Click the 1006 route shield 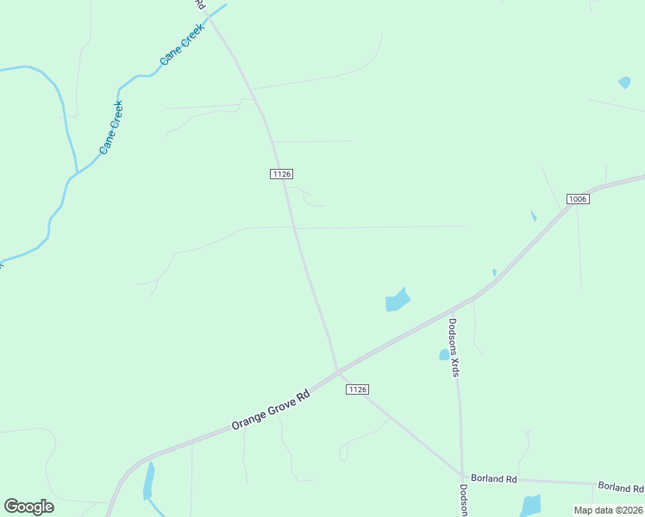pos(578,199)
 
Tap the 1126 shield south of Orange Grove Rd pos(358,389)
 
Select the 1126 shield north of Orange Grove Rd pos(280,174)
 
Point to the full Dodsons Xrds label pos(454,348)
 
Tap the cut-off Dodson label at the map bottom pos(463,500)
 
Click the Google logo pos(28,507)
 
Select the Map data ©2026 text pos(607,510)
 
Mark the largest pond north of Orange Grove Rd pos(397,300)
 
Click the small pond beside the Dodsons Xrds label pos(444,354)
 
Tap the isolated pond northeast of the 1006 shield pos(624,84)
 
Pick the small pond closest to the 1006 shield pos(534,216)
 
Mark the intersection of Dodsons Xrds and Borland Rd pos(462,476)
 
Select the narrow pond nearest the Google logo pos(149,481)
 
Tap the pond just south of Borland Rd pos(530,505)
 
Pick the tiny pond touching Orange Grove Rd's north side pos(494,273)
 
